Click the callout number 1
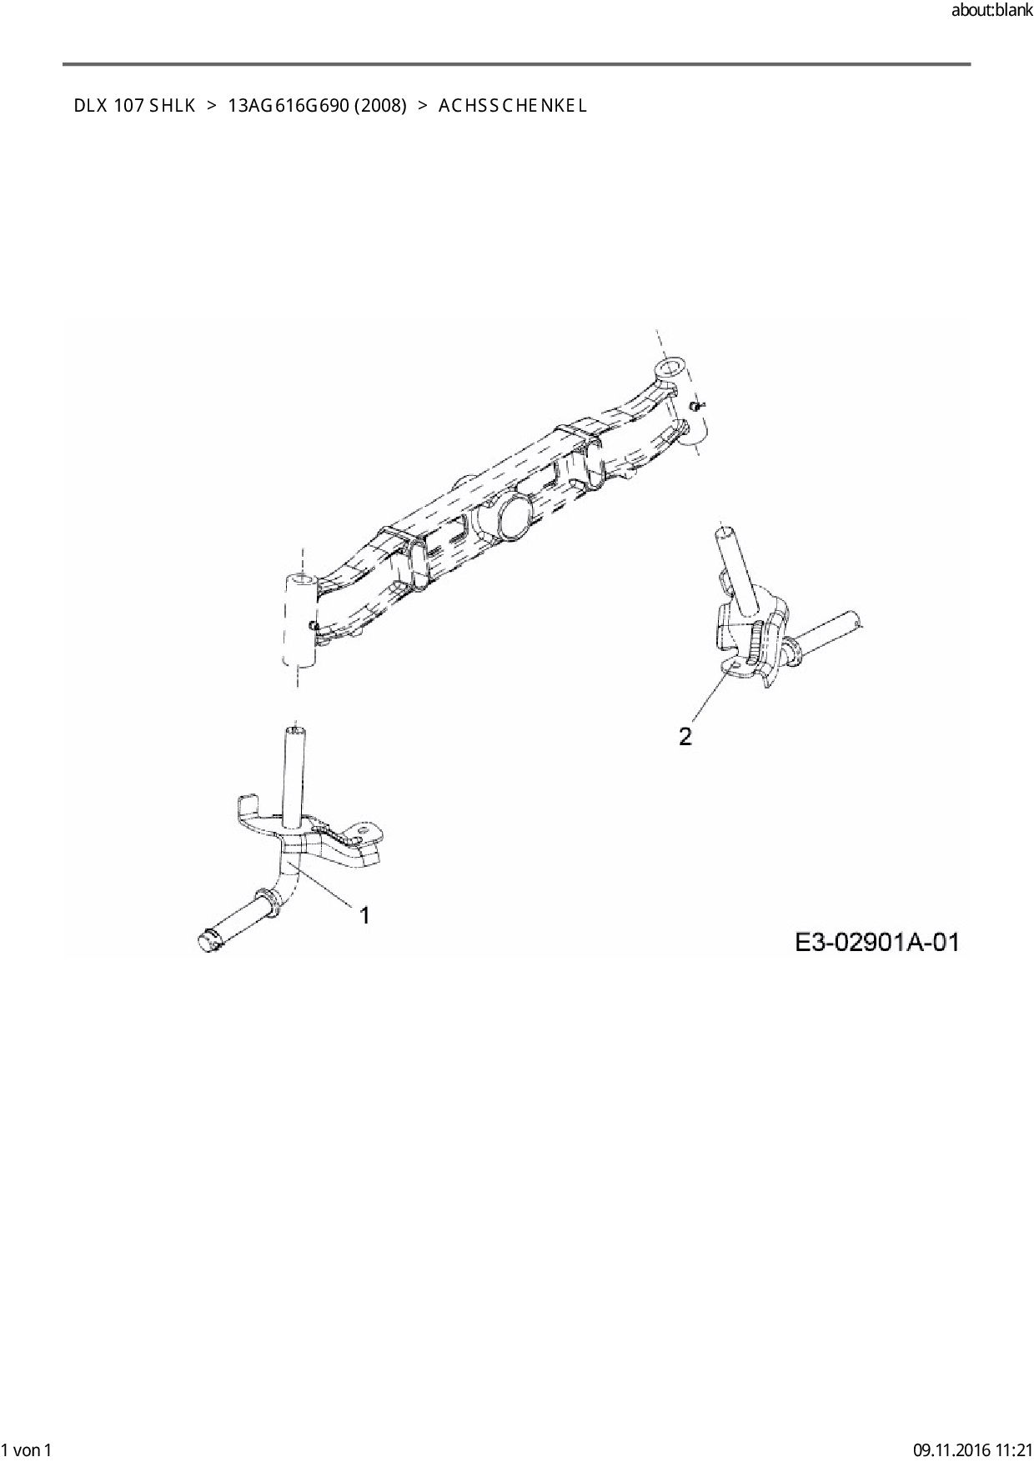pos(364,915)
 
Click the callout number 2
pos(685,737)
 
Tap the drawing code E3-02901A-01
pos(876,943)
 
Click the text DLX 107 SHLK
pos(134,106)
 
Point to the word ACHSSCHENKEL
pos(513,106)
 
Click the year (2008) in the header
pos(379,106)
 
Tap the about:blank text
pos(991,12)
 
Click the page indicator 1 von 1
pos(28,1449)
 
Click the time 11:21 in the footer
pos(1012,1449)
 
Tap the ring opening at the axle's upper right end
pos(670,368)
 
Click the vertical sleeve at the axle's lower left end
pos(299,621)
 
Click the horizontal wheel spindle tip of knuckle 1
pos(208,939)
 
